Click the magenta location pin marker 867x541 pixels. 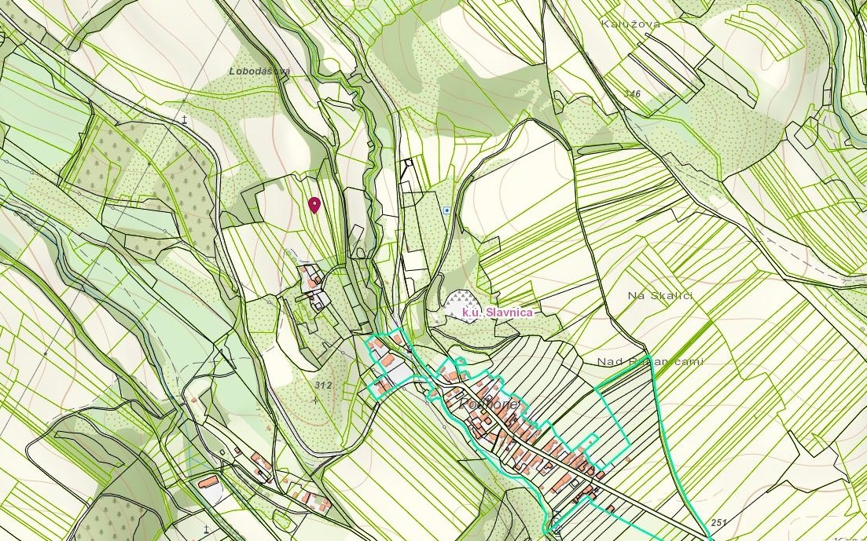point(314,205)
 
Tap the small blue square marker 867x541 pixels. point(446,210)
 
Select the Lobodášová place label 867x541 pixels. point(259,71)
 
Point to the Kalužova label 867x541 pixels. point(630,24)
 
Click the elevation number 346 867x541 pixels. point(633,94)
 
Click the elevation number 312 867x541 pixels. point(322,386)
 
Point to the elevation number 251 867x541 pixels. point(718,522)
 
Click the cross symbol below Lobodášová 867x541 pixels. point(185,119)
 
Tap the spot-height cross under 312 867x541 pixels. point(315,400)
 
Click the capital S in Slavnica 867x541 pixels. point(488,313)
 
